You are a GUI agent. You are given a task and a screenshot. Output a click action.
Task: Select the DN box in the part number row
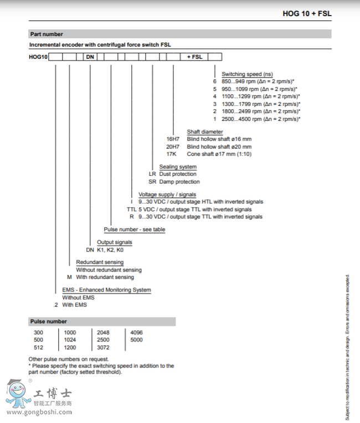pos(90,57)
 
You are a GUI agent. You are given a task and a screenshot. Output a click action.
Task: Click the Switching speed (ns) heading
pos(247,74)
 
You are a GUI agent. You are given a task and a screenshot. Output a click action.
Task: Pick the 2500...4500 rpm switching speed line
pos(260,119)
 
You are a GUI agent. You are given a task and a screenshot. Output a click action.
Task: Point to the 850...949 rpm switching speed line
pos(258,81)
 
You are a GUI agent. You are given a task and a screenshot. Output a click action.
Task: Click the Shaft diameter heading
pos(204,131)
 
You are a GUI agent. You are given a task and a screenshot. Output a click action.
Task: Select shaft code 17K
pos(172,154)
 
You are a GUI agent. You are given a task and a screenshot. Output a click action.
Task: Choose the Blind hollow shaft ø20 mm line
pos(219,146)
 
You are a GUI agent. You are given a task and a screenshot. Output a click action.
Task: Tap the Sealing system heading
pos(178,167)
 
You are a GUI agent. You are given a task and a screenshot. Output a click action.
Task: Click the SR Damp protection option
pos(174,181)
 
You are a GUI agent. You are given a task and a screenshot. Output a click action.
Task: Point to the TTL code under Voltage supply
pos(131,210)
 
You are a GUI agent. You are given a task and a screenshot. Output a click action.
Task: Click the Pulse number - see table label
pos(135,230)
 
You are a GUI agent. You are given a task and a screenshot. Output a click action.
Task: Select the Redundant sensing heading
pos(100,262)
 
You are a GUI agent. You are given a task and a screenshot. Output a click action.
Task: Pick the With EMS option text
pos(74,305)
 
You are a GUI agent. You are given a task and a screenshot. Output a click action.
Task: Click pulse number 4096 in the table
pos(136,333)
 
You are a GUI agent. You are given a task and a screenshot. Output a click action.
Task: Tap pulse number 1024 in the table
pos(70,340)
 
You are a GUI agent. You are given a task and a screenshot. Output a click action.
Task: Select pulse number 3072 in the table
pos(104,347)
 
